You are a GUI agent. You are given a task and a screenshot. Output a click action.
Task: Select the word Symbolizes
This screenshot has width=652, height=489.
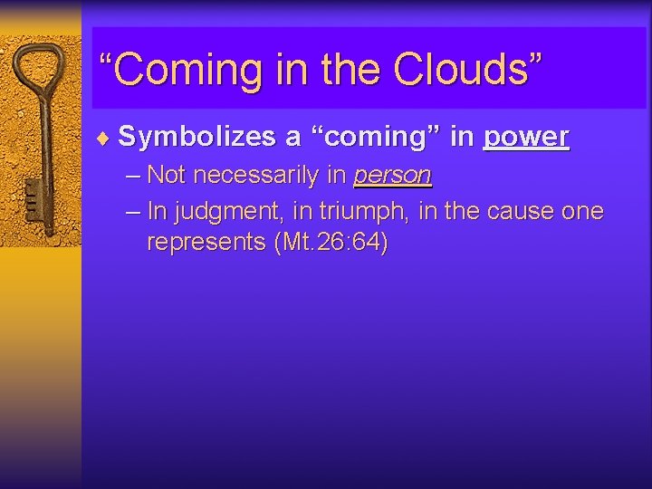point(197,137)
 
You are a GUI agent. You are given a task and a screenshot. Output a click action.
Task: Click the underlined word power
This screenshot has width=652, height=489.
point(526,137)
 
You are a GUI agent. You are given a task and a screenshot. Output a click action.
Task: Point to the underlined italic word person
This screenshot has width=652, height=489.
point(392,174)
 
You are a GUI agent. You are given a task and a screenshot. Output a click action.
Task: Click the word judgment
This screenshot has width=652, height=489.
point(216,211)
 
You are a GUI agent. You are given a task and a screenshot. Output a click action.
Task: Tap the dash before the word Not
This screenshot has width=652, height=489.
point(134,174)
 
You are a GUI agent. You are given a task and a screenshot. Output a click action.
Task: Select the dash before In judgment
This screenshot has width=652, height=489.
point(134,211)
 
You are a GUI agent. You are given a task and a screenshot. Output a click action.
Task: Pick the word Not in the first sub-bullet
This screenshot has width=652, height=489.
point(168,174)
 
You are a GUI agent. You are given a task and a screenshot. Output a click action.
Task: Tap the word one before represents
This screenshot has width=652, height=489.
point(582,211)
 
